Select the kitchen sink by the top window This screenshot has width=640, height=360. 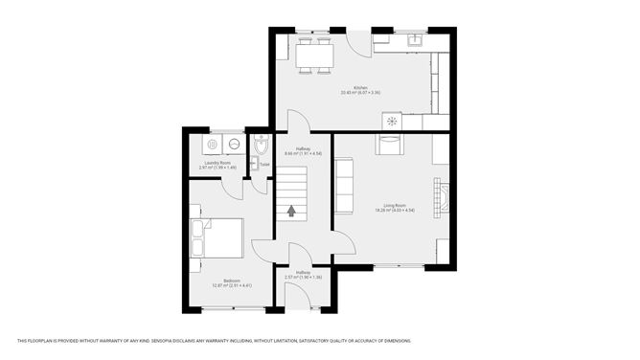[x=414, y=41]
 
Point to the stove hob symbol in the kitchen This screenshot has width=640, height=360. [x=391, y=121]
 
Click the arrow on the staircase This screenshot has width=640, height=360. [x=291, y=211]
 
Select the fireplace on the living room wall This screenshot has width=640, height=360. [x=442, y=193]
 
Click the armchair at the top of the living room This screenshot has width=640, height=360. [x=391, y=146]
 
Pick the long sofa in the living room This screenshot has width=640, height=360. [x=345, y=186]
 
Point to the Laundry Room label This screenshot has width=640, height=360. [x=217, y=164]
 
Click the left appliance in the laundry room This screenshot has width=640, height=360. [x=212, y=146]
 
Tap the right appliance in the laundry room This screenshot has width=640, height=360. [x=233, y=146]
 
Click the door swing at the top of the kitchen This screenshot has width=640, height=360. [x=357, y=42]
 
